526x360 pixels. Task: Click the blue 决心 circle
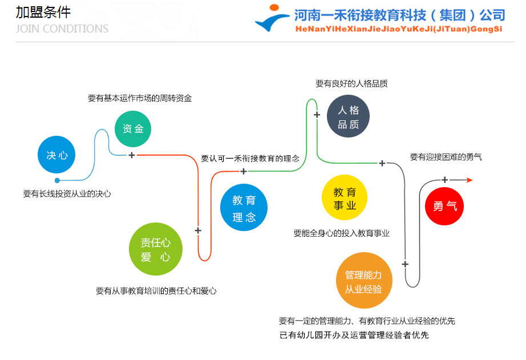(56, 155)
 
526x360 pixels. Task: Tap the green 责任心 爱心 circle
(155, 249)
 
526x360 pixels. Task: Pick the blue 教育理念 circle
(244, 208)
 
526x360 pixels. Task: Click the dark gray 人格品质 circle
(348, 117)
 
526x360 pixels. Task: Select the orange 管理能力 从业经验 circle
(363, 281)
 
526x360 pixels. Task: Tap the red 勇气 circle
(444, 206)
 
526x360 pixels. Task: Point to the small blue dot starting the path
(57, 180)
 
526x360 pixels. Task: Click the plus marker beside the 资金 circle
(131, 155)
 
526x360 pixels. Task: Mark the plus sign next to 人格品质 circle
(317, 114)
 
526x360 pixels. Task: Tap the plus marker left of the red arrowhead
(445, 180)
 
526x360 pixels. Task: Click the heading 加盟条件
(43, 12)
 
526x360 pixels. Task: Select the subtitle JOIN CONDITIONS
(62, 29)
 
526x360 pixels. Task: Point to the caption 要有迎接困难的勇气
(446, 157)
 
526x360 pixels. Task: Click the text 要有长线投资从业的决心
(67, 194)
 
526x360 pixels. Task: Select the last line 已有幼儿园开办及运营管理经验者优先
(354, 335)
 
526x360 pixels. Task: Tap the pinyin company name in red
(398, 29)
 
